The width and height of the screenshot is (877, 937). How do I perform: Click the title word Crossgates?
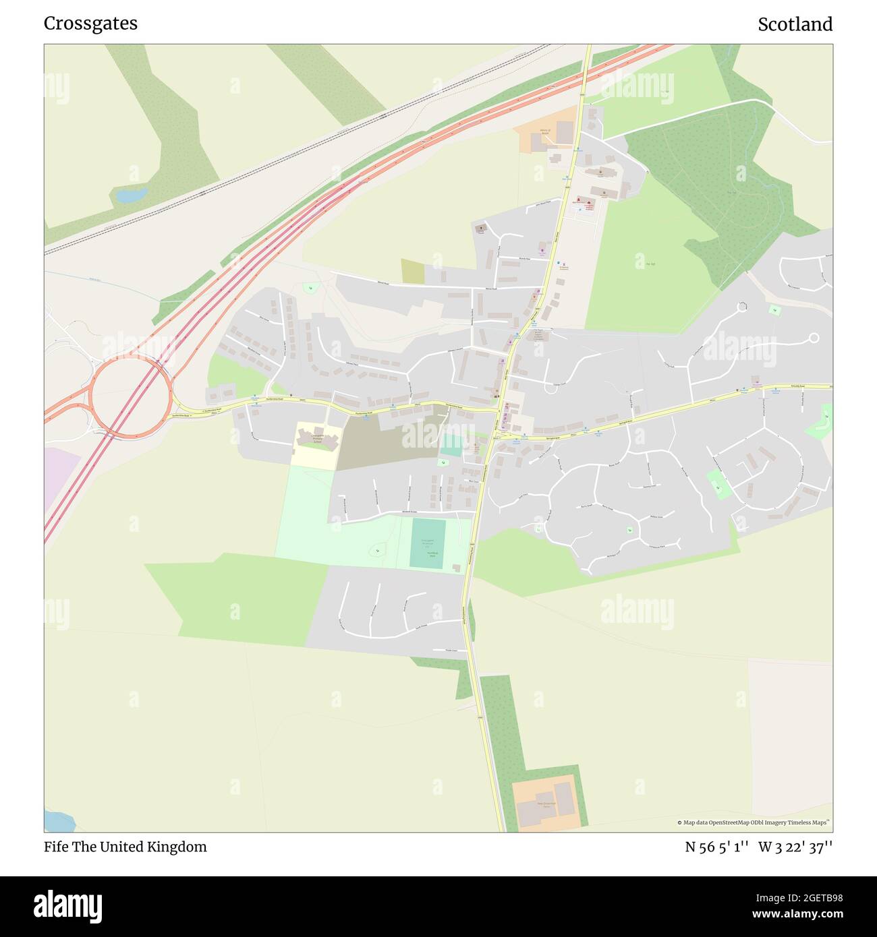point(90,24)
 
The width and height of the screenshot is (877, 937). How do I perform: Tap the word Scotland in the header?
point(795,24)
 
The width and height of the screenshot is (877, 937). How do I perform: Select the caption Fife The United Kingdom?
point(125,847)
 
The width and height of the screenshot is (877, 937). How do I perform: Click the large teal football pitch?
point(428,543)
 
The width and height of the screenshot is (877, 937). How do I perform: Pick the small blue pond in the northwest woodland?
point(132,195)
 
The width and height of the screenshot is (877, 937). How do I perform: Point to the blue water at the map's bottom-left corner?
point(57,822)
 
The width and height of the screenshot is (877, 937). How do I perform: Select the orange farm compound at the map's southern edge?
point(546,804)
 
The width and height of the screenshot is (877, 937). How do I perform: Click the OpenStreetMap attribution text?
point(754,822)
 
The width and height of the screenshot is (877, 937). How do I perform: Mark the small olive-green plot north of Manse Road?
point(413,271)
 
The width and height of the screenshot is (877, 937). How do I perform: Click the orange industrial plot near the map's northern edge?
point(545,135)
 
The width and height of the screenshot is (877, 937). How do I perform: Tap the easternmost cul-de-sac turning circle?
point(814,338)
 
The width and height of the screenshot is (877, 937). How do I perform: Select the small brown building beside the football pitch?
point(457,568)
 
